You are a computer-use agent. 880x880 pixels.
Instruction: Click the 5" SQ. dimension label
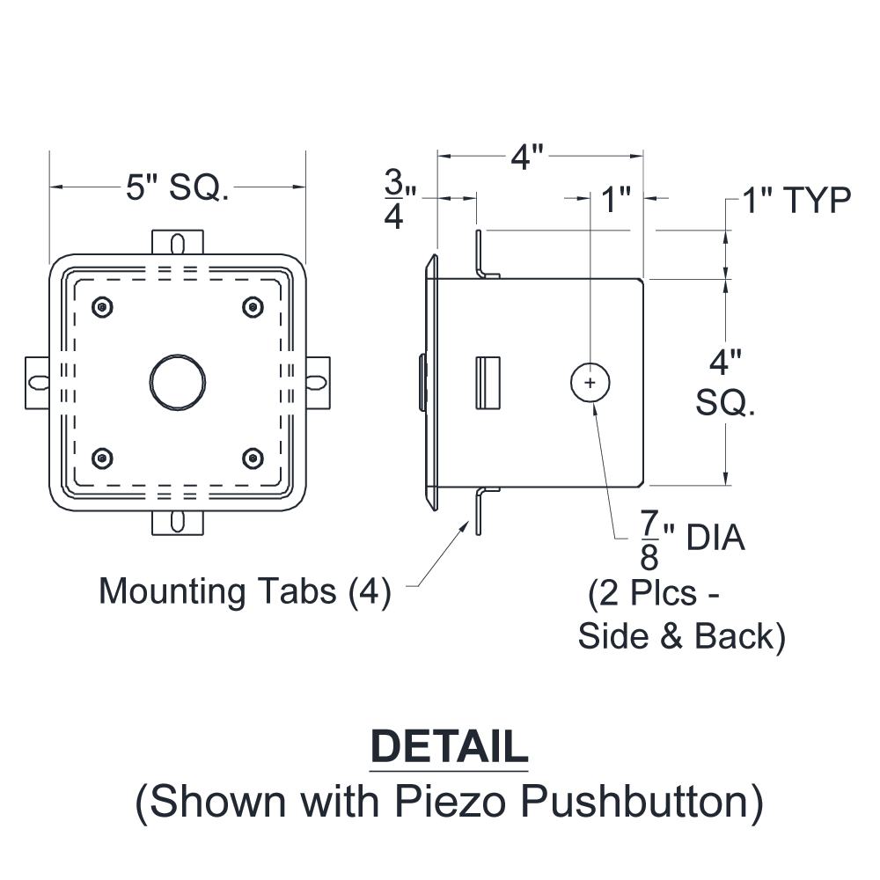coord(177,187)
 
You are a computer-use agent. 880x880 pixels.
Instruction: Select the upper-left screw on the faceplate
coord(103,306)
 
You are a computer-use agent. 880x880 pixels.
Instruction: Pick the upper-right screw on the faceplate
coord(253,306)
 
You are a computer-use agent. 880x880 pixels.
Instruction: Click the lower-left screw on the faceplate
coord(103,458)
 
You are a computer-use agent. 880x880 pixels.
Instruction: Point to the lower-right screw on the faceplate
coord(253,458)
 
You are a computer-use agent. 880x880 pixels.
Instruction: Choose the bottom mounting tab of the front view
coord(178,522)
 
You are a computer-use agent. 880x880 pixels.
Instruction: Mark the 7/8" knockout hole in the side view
coord(590,383)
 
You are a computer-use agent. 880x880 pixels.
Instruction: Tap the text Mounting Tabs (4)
coord(245,591)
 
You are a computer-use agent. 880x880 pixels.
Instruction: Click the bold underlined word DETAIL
coord(449,747)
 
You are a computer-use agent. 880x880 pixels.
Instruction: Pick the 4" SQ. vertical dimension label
coord(725,383)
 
